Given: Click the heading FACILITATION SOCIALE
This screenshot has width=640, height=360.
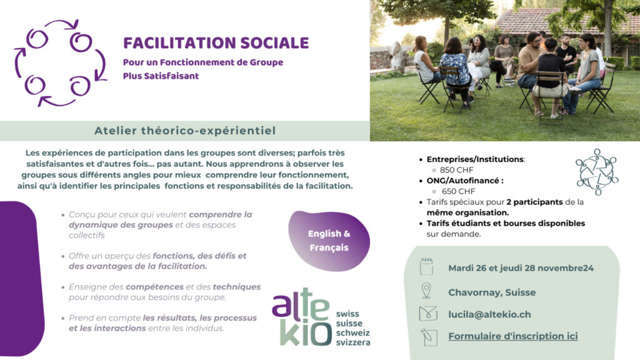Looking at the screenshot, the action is (x=216, y=43).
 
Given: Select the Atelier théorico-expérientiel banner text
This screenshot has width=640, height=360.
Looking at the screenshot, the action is (x=185, y=131).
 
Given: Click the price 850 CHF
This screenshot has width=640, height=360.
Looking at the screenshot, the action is (x=456, y=170).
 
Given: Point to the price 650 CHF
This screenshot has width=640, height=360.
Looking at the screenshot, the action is (x=458, y=191).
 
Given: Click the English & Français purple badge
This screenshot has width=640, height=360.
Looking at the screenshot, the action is (x=329, y=241).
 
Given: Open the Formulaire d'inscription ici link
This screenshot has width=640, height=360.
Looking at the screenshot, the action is (x=513, y=336).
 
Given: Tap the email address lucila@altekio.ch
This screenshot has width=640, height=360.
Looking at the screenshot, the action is (x=489, y=314).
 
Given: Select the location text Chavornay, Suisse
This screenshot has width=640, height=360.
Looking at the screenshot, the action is (x=492, y=292).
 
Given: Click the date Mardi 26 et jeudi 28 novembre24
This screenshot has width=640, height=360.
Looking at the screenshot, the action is (x=521, y=268).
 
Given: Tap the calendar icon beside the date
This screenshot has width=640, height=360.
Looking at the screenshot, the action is (x=426, y=267).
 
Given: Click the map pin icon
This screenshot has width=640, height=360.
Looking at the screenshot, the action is (x=426, y=291).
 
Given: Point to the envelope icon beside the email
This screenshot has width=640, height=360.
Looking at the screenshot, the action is (x=428, y=314).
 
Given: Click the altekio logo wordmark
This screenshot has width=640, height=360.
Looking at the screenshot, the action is (x=302, y=317).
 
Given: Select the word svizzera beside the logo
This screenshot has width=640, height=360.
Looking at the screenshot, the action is (x=353, y=342).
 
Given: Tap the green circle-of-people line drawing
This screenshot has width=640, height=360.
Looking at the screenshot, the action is (x=597, y=172).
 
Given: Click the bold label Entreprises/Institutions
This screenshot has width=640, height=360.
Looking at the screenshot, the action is (x=476, y=159).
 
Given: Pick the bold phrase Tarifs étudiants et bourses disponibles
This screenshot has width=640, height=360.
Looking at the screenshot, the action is (x=506, y=223).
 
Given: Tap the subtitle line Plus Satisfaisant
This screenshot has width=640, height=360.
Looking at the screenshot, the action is (x=161, y=76).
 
